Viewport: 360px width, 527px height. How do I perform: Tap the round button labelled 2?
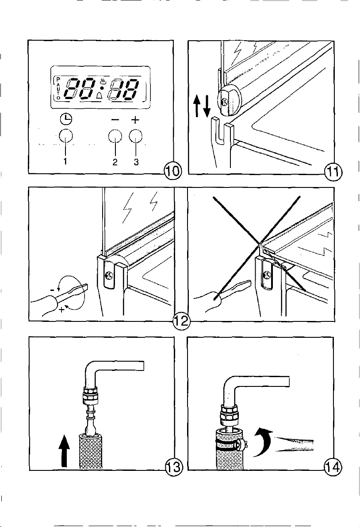(115, 136)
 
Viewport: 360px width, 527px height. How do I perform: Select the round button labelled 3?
(135, 136)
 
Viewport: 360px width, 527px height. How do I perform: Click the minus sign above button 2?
(115, 120)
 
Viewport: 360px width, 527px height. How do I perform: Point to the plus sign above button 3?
(135, 119)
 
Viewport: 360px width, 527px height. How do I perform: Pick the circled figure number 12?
(181, 322)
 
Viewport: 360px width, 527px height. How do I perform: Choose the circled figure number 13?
(173, 467)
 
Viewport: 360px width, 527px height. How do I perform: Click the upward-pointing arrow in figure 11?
(197, 106)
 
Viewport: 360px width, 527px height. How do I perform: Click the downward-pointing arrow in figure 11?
(207, 106)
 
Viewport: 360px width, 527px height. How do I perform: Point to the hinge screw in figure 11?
(225, 101)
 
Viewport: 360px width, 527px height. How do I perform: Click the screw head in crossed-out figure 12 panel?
(267, 275)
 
